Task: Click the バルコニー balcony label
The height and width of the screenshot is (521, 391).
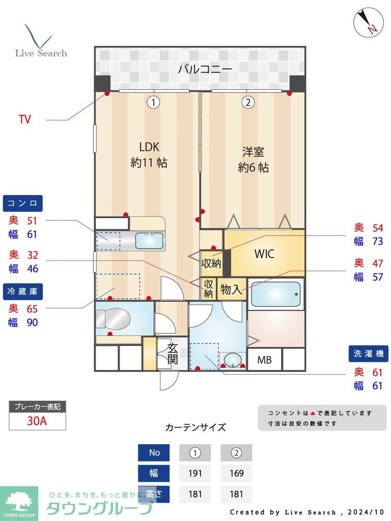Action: (205, 69)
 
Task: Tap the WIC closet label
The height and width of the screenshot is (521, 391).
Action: (264, 253)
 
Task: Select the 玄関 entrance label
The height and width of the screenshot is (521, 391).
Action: (172, 354)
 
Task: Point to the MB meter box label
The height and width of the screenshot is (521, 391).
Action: (264, 360)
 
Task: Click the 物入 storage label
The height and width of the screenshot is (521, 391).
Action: (231, 290)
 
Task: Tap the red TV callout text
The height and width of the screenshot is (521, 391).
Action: (24, 120)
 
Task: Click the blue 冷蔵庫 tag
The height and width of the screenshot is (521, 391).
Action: (22, 292)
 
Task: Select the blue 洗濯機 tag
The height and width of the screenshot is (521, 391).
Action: (368, 354)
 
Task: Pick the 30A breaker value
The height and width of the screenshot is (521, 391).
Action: (37, 421)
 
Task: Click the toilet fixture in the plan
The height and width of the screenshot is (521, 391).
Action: (113, 319)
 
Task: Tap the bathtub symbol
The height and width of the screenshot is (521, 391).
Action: (275, 294)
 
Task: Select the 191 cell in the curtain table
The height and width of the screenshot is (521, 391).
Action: (195, 473)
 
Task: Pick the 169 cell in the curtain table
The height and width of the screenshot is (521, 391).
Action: (236, 473)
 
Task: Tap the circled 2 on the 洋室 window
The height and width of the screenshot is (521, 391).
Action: (247, 102)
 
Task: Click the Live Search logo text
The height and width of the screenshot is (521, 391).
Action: (41, 53)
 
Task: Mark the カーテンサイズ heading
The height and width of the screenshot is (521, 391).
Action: (195, 427)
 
